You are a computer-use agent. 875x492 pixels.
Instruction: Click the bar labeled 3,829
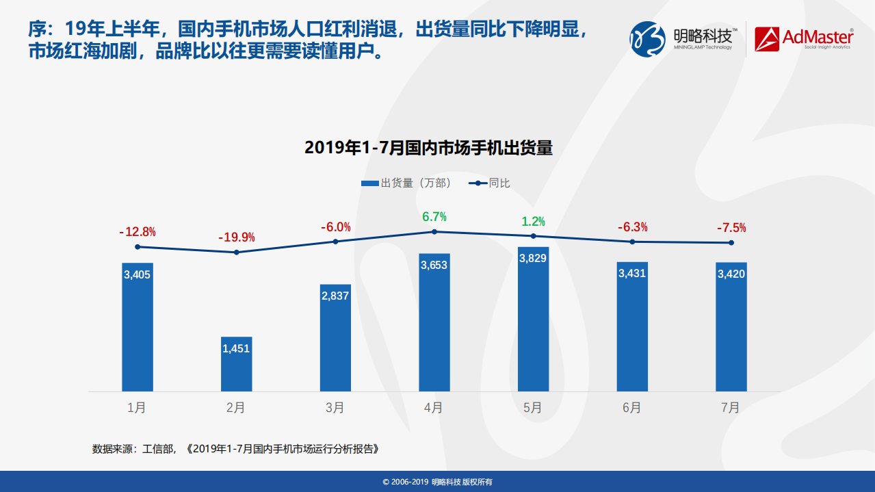point(533,319)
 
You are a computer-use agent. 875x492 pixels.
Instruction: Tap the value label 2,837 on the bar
point(335,296)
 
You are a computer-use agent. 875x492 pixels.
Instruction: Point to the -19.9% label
point(237,237)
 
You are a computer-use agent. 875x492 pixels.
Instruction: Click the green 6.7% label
point(434,217)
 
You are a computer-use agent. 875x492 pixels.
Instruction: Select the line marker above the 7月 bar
point(731,243)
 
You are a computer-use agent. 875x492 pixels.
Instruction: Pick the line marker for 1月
point(138,247)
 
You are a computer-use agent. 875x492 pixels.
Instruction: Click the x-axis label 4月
point(434,408)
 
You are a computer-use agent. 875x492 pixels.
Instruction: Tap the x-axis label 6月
point(632,408)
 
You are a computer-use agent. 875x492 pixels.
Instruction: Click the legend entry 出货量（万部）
point(408,183)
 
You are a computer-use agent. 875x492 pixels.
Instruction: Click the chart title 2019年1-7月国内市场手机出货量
point(428,148)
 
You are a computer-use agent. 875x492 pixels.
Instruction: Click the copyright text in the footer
point(437,482)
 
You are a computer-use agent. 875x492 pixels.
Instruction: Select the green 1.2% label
point(533,222)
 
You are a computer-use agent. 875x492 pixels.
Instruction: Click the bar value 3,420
point(731,274)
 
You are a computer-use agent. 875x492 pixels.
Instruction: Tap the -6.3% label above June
point(632,227)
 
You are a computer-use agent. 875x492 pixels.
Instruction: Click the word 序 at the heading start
point(37,29)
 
